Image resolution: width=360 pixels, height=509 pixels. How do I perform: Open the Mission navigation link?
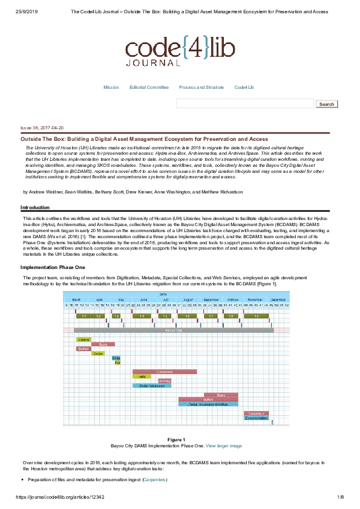111,87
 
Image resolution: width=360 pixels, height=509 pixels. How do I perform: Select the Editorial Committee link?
149,87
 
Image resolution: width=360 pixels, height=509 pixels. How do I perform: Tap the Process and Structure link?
201,87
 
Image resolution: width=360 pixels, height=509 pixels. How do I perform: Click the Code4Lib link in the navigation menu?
244,87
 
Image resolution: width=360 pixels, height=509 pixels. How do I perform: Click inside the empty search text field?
244,103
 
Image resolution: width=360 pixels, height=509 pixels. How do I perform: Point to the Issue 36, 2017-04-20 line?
42,128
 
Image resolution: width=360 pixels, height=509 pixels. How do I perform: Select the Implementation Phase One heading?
53,267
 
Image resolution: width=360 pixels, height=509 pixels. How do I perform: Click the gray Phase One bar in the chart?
173,330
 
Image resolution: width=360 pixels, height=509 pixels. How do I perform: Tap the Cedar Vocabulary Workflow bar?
208,404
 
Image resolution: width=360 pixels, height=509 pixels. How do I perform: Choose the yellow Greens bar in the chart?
83,339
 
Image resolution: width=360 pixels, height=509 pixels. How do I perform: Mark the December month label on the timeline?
278,300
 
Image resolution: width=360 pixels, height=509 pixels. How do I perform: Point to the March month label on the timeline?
76,300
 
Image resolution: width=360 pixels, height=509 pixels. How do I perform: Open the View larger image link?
224,446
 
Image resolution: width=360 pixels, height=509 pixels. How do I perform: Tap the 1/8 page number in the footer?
340,497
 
